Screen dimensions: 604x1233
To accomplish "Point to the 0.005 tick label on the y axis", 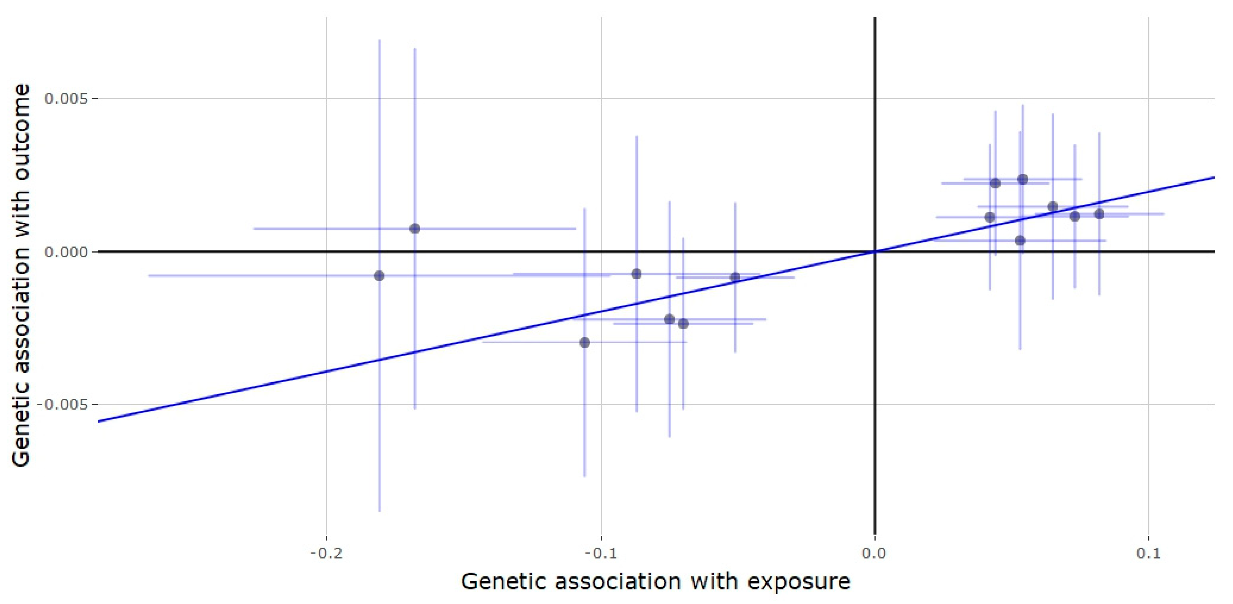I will click(67, 99).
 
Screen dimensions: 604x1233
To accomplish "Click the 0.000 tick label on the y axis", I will click(67, 252).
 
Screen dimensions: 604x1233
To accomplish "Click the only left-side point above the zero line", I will click(415, 228).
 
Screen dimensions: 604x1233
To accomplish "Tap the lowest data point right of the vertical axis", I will click(1020, 240).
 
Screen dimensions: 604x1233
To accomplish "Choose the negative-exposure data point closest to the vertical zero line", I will click(735, 277).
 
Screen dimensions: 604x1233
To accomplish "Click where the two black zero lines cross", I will click(875, 252).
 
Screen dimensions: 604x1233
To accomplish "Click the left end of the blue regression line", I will click(98, 421).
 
